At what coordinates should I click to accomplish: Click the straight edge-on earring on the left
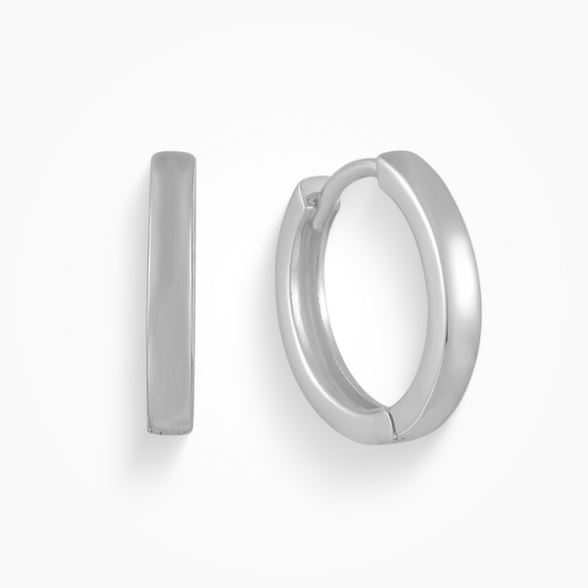point(172,294)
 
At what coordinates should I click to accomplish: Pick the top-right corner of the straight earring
point(193,154)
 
